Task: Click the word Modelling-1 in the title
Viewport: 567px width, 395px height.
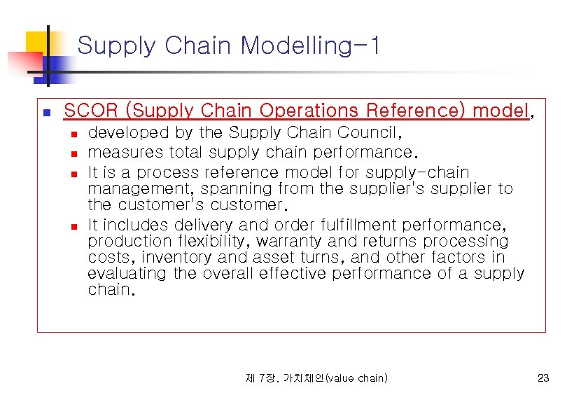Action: pos(311,46)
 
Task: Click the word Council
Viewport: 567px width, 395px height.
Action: pos(368,132)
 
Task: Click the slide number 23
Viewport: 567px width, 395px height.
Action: pos(543,378)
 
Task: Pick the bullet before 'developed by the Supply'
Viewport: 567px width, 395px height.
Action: pos(73,133)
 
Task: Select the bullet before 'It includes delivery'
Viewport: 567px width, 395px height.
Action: pos(73,226)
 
